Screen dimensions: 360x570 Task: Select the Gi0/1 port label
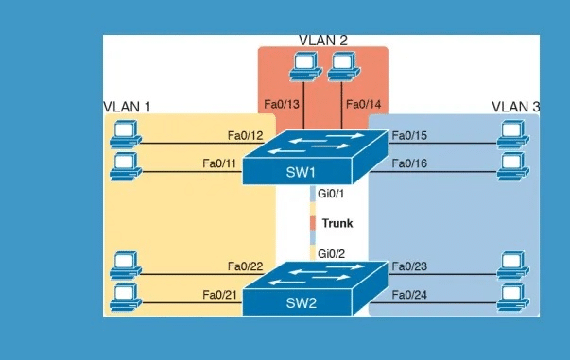tap(332, 195)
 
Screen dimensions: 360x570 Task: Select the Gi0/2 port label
tap(332, 253)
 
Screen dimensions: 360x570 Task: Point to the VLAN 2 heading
tap(323, 40)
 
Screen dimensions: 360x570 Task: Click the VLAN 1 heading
tap(127, 106)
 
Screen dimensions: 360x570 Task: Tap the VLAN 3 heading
tap(515, 106)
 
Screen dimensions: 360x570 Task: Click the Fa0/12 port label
tap(246, 136)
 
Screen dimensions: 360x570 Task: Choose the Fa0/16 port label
tap(409, 163)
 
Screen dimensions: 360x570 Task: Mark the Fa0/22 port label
tap(246, 267)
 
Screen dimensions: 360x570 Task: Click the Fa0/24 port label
tap(409, 295)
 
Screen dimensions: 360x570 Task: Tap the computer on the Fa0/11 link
tap(124, 167)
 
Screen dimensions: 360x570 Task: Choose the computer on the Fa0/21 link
tap(124, 298)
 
